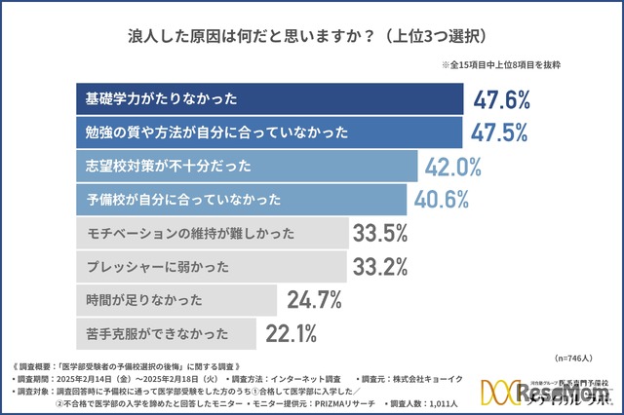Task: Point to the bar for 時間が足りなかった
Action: coord(175,300)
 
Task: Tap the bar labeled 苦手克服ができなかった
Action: coord(166,333)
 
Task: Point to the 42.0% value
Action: coord(453,166)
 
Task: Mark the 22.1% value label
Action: coord(292,334)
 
